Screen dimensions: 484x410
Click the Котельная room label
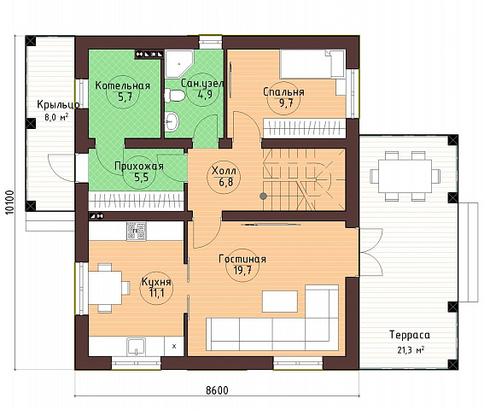click(123, 85)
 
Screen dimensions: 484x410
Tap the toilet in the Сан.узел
click(174, 95)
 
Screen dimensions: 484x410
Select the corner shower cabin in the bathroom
click(179, 64)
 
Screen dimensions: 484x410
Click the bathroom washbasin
click(172, 121)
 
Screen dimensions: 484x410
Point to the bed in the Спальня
click(312, 64)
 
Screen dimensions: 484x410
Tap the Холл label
click(225, 171)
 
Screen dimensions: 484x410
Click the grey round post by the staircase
click(263, 196)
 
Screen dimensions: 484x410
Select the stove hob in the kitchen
click(136, 231)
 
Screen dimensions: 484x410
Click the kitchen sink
click(136, 347)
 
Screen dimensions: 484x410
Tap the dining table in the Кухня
click(105, 287)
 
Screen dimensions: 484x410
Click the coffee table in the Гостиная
click(280, 302)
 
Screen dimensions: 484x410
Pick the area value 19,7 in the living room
click(242, 271)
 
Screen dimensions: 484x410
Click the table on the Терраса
click(405, 176)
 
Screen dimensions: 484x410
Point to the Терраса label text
click(410, 335)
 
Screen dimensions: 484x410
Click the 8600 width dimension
click(217, 390)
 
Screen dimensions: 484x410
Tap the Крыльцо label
click(58, 105)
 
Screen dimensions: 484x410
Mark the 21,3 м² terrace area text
click(411, 350)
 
